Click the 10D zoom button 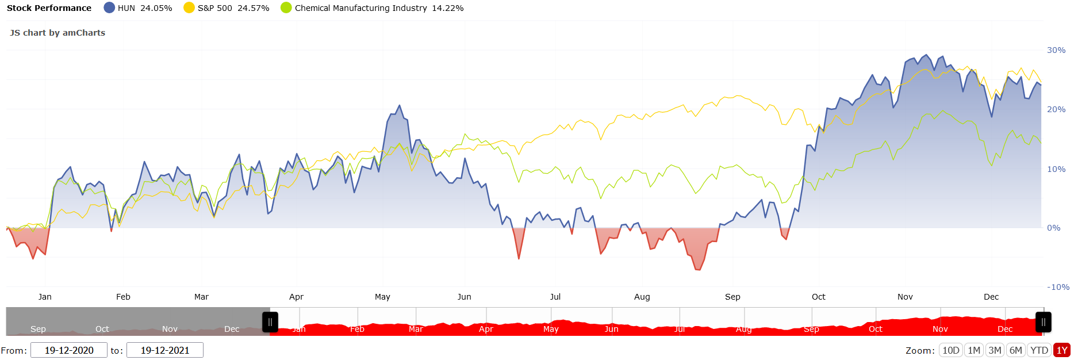click(x=951, y=350)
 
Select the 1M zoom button click(x=974, y=350)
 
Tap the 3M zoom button click(x=995, y=350)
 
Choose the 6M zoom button click(x=1016, y=350)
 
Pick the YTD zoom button click(x=1039, y=350)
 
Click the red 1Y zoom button click(x=1062, y=350)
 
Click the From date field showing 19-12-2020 click(x=69, y=350)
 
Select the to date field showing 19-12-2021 click(x=165, y=350)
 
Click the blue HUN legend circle click(x=109, y=8)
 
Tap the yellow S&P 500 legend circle click(x=189, y=8)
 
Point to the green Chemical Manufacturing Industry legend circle click(x=286, y=8)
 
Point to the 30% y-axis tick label click(x=1056, y=50)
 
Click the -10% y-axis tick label click(x=1058, y=287)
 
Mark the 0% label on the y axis click(x=1053, y=228)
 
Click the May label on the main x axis click(x=382, y=297)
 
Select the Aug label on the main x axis click(x=642, y=297)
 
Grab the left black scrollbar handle click(x=270, y=322)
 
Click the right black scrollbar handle click(x=1044, y=322)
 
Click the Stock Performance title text click(x=49, y=8)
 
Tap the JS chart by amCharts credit click(x=57, y=33)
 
